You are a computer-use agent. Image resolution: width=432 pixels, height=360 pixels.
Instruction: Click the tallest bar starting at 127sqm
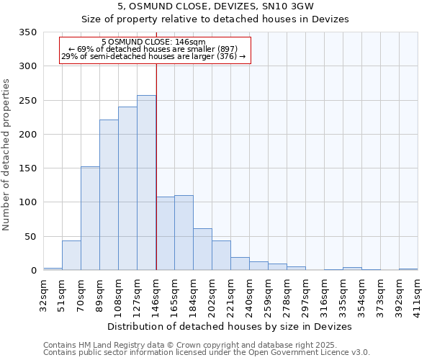[x=146, y=183]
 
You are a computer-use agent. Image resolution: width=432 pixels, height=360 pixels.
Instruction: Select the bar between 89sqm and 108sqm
[x=109, y=195]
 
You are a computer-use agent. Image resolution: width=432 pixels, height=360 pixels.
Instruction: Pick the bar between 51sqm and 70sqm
[x=71, y=256]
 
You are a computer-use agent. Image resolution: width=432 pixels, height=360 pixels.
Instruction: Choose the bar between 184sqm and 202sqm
[x=202, y=249]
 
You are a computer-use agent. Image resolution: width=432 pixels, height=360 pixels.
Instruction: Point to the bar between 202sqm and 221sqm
[x=221, y=256]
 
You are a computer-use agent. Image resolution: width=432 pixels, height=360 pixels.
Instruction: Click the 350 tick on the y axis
[x=28, y=32]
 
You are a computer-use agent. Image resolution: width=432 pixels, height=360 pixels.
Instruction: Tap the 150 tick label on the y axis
[x=28, y=168]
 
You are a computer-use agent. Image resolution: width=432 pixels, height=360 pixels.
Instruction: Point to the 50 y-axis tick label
[x=31, y=237]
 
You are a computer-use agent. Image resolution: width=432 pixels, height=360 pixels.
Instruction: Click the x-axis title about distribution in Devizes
[x=230, y=326]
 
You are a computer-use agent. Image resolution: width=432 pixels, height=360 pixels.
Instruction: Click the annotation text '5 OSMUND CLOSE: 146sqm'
[x=153, y=42]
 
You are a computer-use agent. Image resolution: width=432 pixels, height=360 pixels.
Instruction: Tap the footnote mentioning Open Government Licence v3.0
[x=206, y=353]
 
